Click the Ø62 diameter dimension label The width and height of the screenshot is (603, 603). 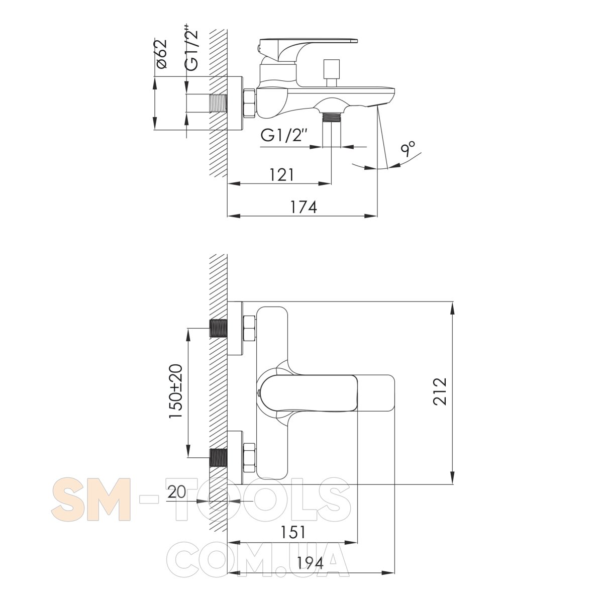(x=162, y=53)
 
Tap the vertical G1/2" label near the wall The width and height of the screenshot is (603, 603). (x=191, y=47)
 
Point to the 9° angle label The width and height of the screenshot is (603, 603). (x=409, y=149)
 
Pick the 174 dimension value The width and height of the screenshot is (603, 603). (x=304, y=207)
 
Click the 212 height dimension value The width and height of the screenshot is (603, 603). (x=440, y=391)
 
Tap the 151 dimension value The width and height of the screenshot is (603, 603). (x=292, y=532)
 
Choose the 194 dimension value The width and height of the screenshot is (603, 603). (x=310, y=564)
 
